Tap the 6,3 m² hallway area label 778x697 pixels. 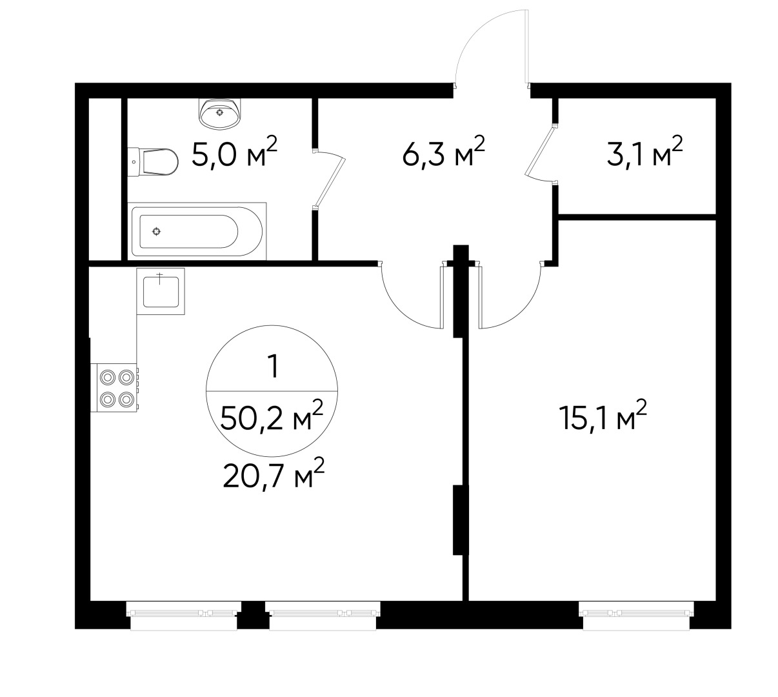(443, 156)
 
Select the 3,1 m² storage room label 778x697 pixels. (644, 156)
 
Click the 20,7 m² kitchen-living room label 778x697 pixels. (273, 478)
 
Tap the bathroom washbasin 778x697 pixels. (221, 114)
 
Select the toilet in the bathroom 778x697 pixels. (155, 161)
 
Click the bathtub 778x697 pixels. (197, 230)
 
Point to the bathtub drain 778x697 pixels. (156, 231)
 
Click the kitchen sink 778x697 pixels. (161, 291)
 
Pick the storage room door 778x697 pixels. (540, 153)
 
